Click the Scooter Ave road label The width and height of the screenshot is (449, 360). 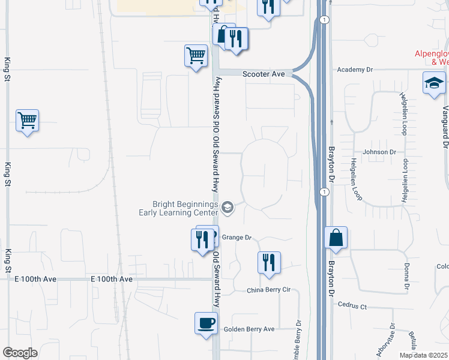(264, 74)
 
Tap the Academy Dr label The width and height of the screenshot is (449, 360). (355, 70)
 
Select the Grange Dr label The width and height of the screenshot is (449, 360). (237, 238)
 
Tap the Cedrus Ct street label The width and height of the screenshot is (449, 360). (352, 306)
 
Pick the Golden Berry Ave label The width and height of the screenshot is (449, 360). (249, 329)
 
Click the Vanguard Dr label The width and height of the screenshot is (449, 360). (445, 127)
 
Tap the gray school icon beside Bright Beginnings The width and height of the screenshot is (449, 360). (228, 208)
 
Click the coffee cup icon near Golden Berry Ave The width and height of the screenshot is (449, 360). (206, 323)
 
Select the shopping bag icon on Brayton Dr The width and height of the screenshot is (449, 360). (336, 238)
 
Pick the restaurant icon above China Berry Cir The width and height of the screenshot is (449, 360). (269, 262)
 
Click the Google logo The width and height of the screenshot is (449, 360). (20, 353)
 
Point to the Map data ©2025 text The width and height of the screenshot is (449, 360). (423, 355)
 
